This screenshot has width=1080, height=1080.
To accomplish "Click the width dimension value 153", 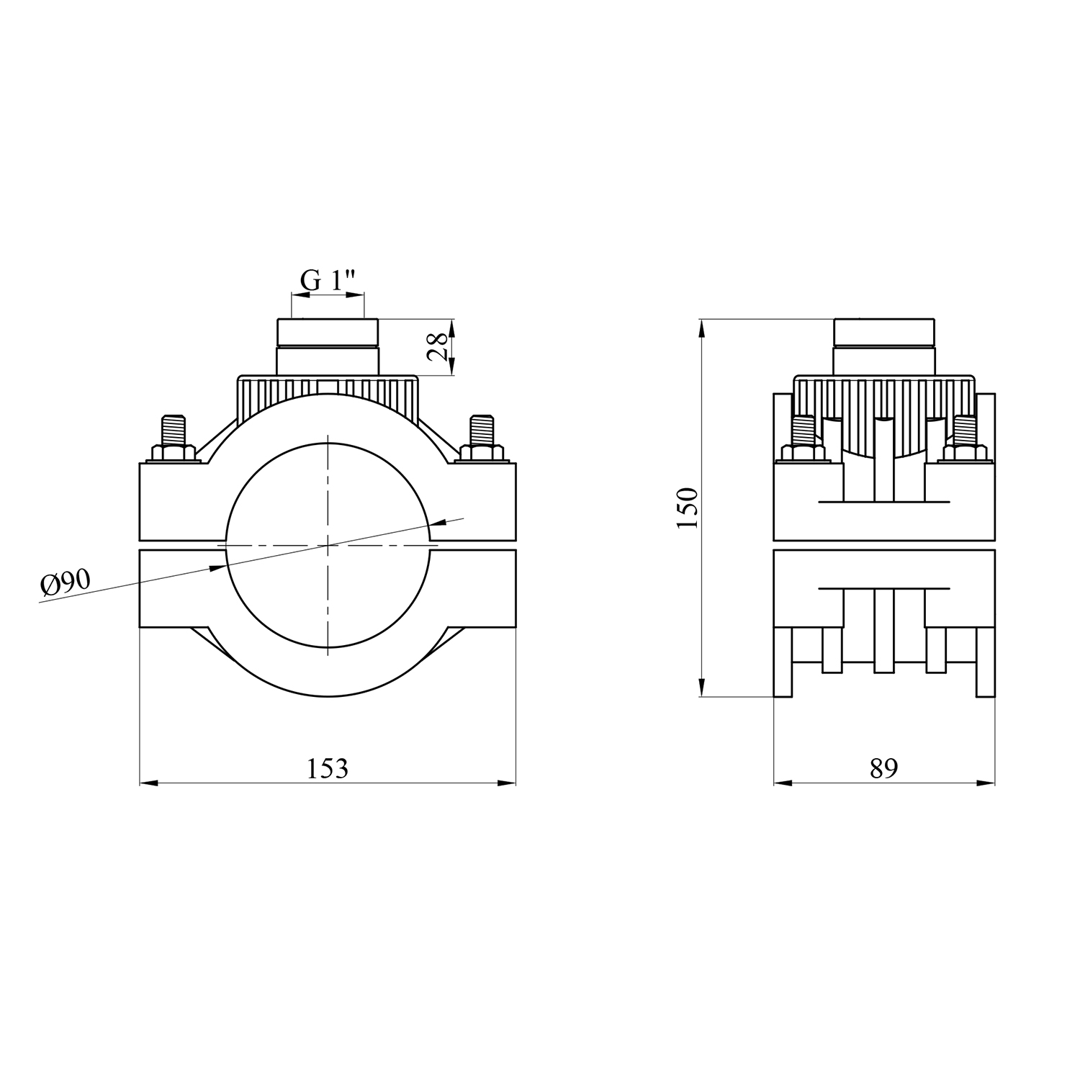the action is [x=328, y=768].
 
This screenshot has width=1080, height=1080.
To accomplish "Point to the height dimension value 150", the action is [x=688, y=508].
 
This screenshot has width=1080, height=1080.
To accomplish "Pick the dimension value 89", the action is [x=884, y=768].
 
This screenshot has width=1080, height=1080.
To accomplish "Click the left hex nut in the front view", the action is [x=173, y=453].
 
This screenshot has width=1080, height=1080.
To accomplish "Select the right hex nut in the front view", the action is [x=480, y=453].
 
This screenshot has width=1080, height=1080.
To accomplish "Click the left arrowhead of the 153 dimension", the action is [x=148, y=783].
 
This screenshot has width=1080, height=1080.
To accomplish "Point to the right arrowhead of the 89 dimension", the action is [x=986, y=783].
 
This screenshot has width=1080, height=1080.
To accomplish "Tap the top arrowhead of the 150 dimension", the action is [x=701, y=328].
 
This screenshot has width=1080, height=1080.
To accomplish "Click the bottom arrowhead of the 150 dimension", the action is [x=701, y=688].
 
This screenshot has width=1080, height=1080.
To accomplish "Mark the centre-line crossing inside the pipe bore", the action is [x=328, y=546].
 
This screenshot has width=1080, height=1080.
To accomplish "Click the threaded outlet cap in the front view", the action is [x=328, y=346].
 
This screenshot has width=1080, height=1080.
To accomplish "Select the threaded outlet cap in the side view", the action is [x=884, y=346].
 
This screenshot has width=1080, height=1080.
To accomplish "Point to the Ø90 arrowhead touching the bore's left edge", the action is [x=218, y=568].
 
